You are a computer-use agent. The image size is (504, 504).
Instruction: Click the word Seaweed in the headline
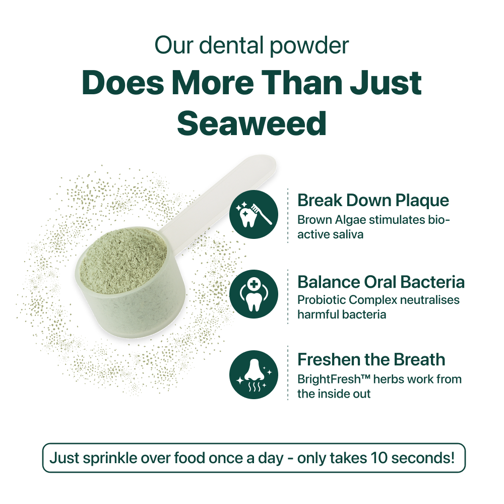click(x=251, y=123)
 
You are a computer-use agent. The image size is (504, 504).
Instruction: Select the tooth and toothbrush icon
click(x=254, y=214)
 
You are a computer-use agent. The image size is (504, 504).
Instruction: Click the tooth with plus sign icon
click(x=254, y=294)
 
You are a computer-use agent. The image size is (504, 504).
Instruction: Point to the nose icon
click(x=254, y=374)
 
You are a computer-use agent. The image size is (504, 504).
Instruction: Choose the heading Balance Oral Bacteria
click(x=381, y=282)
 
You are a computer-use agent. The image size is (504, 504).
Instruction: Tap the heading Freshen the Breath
click(x=371, y=359)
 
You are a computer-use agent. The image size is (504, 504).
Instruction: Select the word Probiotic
click(x=322, y=300)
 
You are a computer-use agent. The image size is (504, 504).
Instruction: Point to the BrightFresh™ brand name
click(x=334, y=380)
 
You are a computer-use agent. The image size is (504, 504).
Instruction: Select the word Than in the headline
click(x=302, y=83)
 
